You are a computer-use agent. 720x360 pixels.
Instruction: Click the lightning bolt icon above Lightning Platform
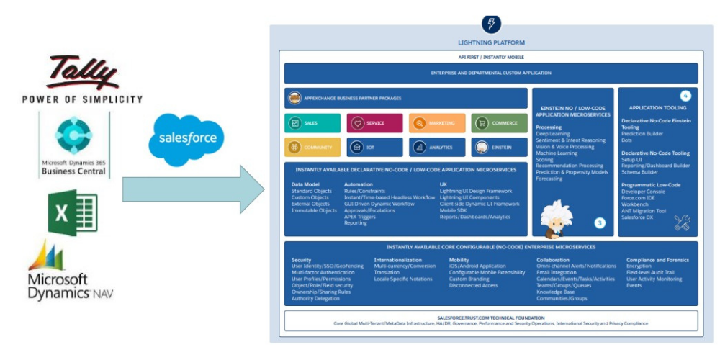click(491, 24)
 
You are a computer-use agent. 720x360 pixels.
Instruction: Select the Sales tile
click(312, 123)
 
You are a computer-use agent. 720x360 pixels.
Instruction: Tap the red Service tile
click(374, 123)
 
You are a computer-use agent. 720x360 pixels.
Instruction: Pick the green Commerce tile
click(499, 123)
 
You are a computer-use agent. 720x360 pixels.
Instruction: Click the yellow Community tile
click(312, 148)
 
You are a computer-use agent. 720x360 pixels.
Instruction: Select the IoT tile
click(374, 148)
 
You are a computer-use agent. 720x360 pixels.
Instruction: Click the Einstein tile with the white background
click(499, 148)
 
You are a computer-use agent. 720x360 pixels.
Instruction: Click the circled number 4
click(685, 96)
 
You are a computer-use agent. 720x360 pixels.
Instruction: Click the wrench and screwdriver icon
click(682, 223)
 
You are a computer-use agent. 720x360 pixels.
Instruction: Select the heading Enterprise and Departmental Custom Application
click(491, 73)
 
